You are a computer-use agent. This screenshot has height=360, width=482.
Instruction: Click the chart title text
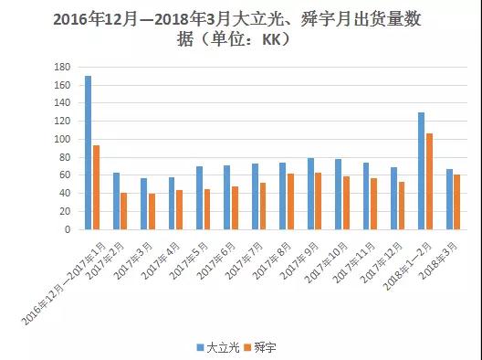(241, 29)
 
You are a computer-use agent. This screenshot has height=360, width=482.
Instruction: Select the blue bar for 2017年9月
(310, 194)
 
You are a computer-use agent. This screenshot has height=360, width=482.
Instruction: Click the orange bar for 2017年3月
(152, 211)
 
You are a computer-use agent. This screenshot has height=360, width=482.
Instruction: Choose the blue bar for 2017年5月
(199, 197)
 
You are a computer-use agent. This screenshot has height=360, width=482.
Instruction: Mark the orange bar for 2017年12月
(403, 206)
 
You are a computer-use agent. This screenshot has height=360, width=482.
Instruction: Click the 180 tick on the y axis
(63, 68)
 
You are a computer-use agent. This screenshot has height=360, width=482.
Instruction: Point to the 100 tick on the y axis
(63, 140)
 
